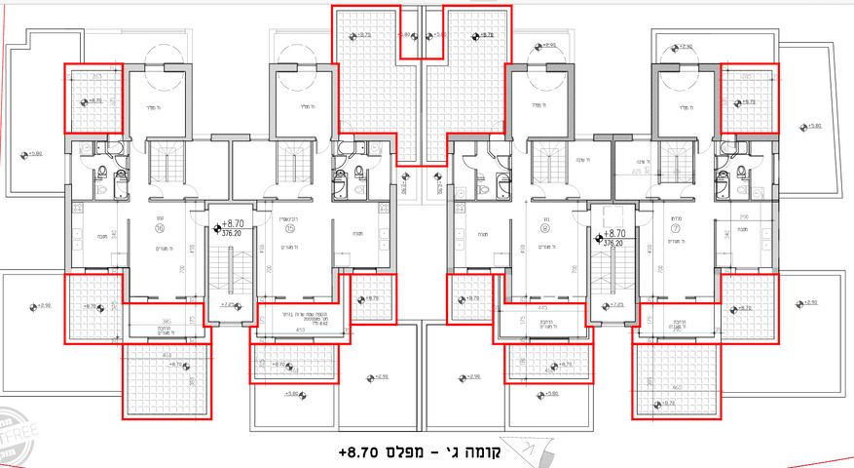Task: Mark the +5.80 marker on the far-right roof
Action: (810, 126)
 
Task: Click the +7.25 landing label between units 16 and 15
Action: (230, 304)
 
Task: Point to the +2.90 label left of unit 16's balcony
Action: (45, 306)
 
